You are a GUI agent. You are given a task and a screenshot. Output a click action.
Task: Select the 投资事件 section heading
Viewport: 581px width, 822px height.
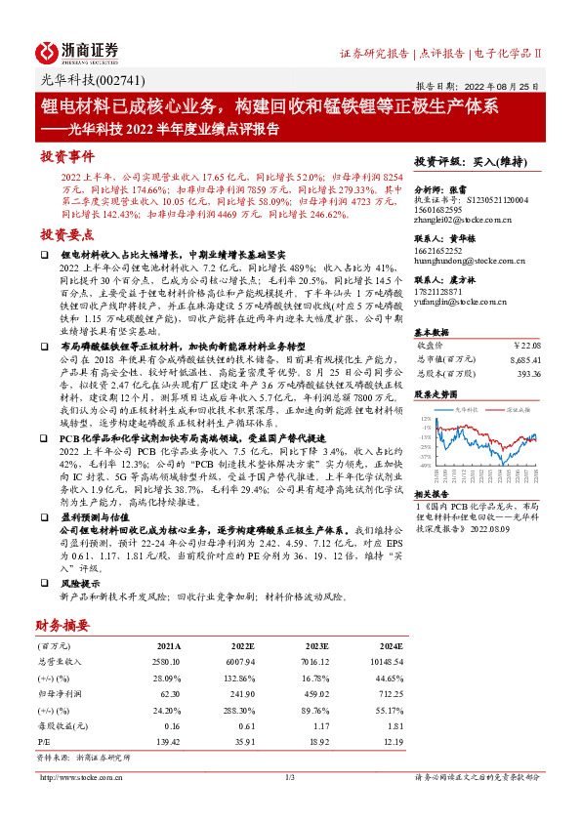click(66, 156)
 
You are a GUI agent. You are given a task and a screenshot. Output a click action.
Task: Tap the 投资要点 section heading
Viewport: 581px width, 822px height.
click(66, 235)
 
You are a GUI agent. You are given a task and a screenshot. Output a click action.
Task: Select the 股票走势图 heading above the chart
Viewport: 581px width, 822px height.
click(434, 395)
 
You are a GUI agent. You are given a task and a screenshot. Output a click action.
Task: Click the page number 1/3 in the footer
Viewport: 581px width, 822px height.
click(290, 777)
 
